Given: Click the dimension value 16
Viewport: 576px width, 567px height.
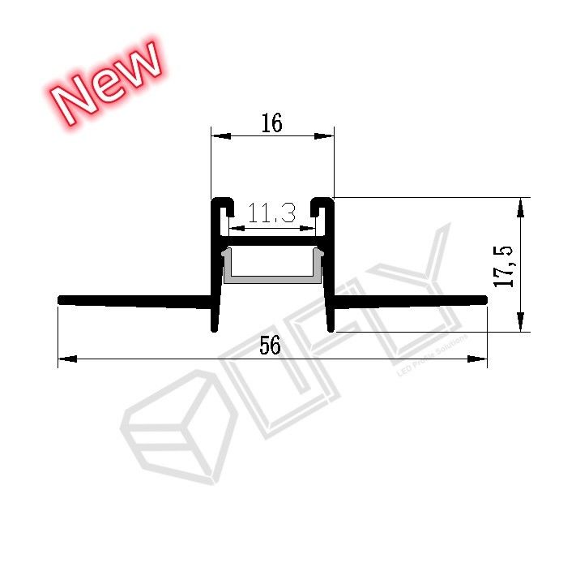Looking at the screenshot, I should click(271, 123).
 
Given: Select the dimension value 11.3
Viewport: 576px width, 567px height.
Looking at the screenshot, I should click(271, 214).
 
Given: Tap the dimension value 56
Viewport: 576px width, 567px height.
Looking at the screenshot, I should click(271, 346).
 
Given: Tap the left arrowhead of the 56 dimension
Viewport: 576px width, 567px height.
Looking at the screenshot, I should click(67, 359).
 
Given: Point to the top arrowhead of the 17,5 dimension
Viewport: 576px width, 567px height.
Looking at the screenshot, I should click(520, 206).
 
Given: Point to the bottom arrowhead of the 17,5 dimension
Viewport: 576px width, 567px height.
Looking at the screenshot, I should click(520, 322).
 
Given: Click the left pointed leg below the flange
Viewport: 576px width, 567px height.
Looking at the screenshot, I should click(215, 320).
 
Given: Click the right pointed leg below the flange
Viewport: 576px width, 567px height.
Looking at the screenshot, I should click(330, 320).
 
